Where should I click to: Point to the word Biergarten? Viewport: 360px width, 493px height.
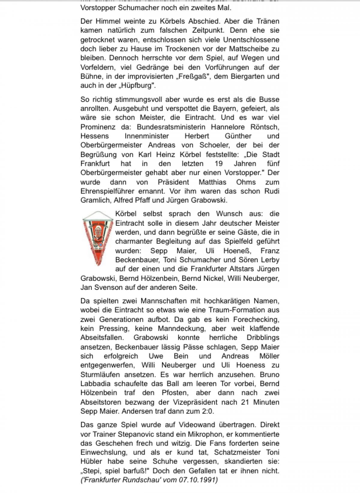(x=248, y=76)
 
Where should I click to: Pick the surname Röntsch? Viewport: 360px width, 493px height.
(x=265, y=127)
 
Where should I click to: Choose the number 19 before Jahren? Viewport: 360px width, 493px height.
(x=219, y=164)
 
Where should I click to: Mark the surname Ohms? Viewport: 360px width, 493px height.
(x=246, y=182)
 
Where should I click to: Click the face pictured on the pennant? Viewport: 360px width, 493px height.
(x=98, y=233)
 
